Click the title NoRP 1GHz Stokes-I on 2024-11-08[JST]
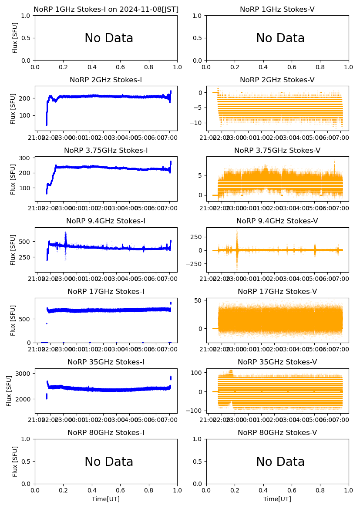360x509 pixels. click(106, 9)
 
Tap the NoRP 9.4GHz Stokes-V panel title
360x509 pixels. click(277, 221)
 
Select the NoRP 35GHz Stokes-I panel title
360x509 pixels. click(106, 362)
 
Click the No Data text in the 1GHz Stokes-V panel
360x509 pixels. click(280, 38)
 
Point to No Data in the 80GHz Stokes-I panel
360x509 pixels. click(109, 462)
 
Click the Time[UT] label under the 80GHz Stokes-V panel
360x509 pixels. click(277, 499)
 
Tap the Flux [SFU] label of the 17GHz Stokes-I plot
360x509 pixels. click(13, 320)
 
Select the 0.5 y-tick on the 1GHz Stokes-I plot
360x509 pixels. click(27, 38)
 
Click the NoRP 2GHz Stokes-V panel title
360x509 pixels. click(277, 80)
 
